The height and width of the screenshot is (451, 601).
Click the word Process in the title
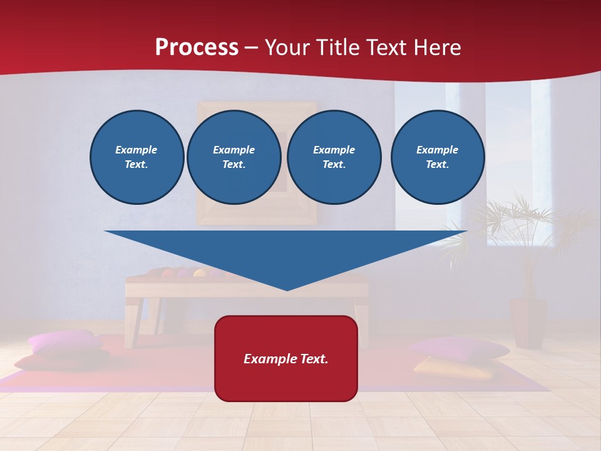coord(197,48)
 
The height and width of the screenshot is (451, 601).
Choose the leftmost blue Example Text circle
coord(136,157)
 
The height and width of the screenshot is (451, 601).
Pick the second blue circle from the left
coord(234,157)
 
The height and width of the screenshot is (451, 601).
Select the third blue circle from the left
coord(334,157)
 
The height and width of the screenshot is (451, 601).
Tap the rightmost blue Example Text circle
coord(437,157)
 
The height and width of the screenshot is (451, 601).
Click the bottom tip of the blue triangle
coord(287,288)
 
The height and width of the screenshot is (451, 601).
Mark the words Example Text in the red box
coord(286,359)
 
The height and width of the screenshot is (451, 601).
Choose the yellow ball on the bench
coord(199,273)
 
